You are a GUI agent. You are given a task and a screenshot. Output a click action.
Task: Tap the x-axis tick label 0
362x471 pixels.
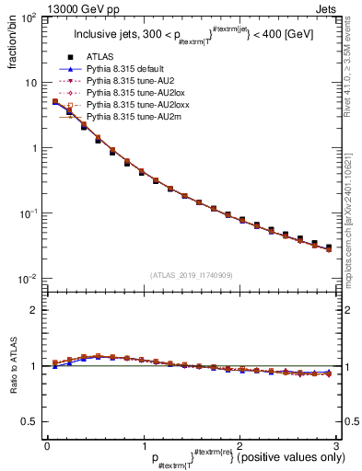pyautogui.click(x=47, y=445)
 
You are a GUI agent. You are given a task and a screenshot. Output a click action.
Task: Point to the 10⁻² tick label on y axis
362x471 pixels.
pyautogui.click(x=28, y=279)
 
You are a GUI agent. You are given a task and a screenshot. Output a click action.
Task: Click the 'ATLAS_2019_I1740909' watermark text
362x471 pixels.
pyautogui.click(x=192, y=275)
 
